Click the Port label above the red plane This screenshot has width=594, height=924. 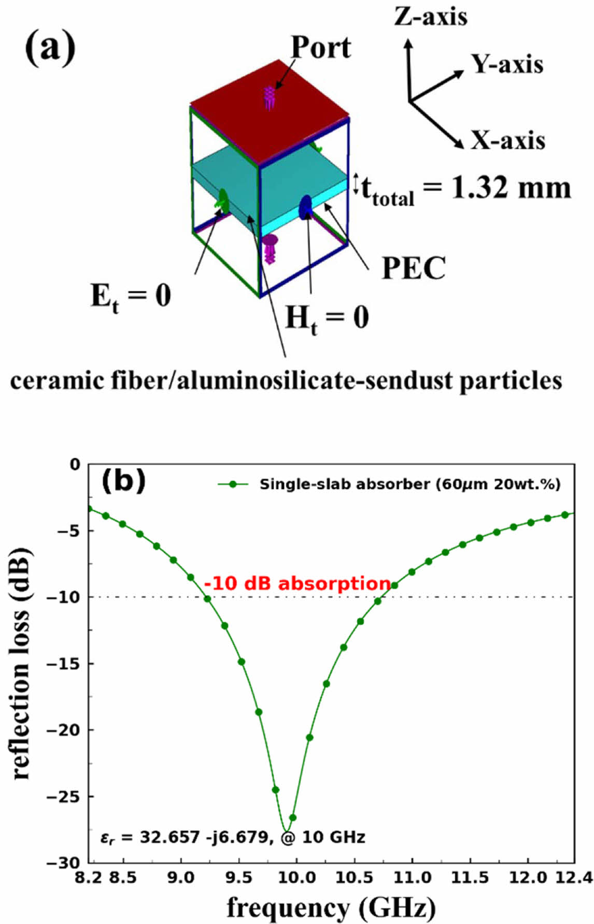[x=321, y=48]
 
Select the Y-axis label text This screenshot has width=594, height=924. [x=507, y=64]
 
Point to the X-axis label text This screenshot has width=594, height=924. [x=508, y=140]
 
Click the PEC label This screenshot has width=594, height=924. [x=414, y=268]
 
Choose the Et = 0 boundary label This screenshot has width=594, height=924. [x=131, y=297]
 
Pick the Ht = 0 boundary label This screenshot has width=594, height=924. [x=327, y=317]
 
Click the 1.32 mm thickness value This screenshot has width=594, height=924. [x=511, y=187]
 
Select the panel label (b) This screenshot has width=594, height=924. [x=123, y=481]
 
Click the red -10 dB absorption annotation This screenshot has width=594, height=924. [x=297, y=583]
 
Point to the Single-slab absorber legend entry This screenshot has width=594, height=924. [x=409, y=484]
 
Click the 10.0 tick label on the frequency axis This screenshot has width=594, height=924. [x=296, y=877]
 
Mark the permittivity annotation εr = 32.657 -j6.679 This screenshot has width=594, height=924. [x=187, y=837]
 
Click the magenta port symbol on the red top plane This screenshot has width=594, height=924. [x=269, y=98]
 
